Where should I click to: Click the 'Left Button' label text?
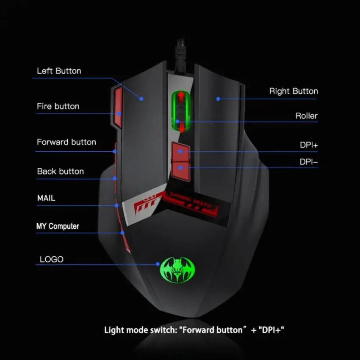59,71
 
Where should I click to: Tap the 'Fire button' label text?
58,106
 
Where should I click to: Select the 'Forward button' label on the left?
66,142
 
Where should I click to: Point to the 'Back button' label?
60,172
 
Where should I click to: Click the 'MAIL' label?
46,198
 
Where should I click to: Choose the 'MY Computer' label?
58,226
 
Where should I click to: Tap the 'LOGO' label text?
52,259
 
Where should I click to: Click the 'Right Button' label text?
294,91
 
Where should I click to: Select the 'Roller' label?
306,116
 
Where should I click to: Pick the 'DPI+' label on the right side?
309,145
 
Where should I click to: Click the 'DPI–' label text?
309,162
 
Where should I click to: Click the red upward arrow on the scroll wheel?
181,97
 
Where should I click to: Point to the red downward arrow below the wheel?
182,127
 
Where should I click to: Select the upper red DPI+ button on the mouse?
180,151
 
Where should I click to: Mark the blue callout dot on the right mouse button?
218,99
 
